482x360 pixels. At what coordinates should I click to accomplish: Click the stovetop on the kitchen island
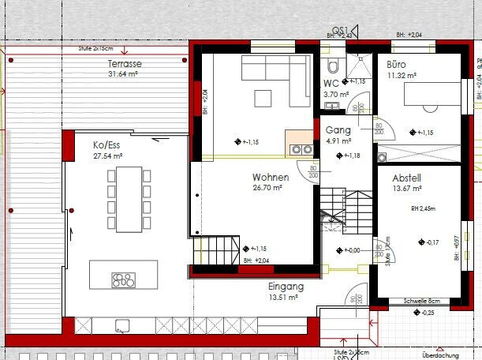point(124,279)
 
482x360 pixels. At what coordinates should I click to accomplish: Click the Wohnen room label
point(271,178)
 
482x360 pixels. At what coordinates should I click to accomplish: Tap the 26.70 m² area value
point(271,189)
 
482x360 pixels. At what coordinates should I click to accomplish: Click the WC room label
point(331,83)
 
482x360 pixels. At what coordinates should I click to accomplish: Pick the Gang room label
point(338,131)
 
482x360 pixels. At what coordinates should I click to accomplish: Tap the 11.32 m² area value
point(402,75)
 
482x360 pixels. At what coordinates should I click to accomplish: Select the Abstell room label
point(408,178)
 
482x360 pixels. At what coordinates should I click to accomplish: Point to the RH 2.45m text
point(423,209)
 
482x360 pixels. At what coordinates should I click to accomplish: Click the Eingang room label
point(281,287)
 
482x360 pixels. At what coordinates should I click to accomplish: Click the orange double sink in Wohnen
point(300,148)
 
